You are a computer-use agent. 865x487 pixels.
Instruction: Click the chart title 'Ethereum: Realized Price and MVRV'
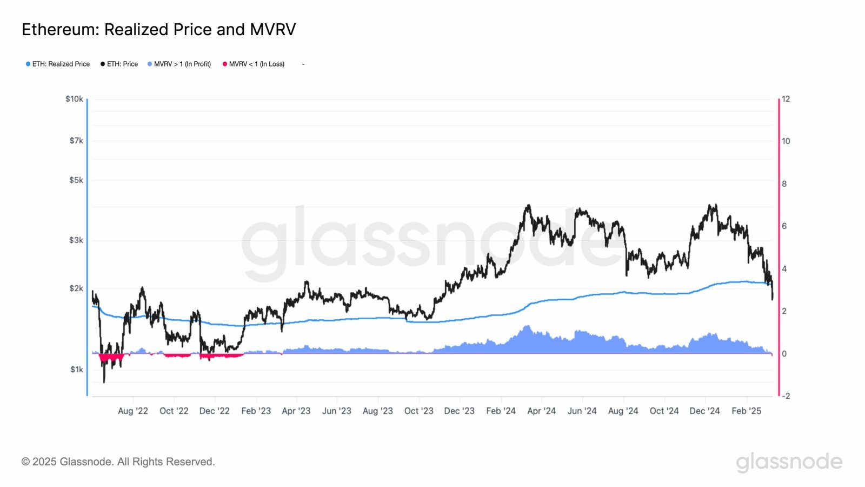[x=159, y=29]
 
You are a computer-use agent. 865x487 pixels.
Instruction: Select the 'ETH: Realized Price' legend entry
[x=58, y=64]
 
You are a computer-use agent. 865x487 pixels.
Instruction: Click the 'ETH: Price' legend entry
[x=119, y=64]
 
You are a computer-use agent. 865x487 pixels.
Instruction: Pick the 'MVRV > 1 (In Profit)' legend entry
[x=179, y=64]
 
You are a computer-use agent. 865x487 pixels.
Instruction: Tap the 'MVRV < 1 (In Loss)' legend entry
[x=254, y=64]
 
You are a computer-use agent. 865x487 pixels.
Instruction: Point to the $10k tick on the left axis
[x=74, y=99]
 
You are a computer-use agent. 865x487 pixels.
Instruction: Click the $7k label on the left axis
[x=76, y=141]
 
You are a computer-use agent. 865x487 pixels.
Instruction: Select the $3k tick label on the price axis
[x=76, y=240]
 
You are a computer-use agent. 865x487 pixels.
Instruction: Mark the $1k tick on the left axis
[x=77, y=370]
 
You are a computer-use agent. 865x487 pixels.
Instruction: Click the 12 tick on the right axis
[x=786, y=99]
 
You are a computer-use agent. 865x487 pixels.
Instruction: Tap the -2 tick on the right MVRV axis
[x=786, y=396]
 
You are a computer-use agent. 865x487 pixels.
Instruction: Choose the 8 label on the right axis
[x=784, y=184]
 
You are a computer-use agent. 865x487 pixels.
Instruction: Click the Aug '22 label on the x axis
[x=133, y=411]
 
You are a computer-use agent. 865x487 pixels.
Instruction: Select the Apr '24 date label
[x=541, y=411]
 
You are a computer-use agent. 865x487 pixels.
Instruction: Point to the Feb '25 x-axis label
[x=746, y=411]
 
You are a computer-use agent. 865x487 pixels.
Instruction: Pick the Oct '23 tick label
[x=419, y=411]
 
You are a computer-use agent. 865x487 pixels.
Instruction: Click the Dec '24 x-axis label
[x=704, y=411]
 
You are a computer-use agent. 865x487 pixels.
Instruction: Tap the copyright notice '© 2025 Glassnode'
[x=118, y=462]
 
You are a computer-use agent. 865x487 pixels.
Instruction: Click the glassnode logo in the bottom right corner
[x=789, y=462]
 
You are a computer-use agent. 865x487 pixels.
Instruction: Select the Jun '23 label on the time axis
[x=337, y=411]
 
